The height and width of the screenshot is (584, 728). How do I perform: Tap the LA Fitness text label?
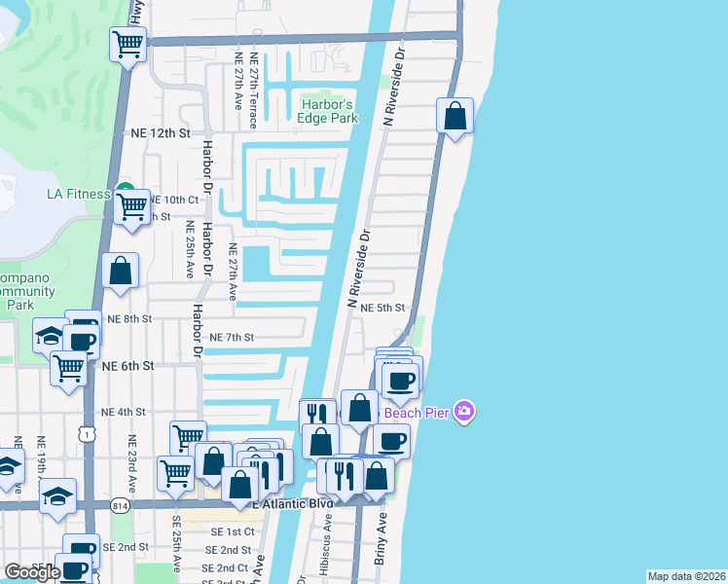coord(79,194)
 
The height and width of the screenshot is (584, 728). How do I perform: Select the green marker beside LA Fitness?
coord(124,190)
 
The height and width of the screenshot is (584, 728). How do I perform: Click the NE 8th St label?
coord(130,318)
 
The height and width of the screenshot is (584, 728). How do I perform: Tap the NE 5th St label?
coord(382,307)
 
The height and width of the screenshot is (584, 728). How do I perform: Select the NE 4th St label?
coord(124,412)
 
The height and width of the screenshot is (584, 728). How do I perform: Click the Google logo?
coord(32,572)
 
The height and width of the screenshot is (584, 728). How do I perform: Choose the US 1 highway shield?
coord(89,436)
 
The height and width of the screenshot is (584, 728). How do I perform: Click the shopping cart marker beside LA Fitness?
coord(131,205)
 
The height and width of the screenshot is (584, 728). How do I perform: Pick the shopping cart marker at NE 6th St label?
coord(68,368)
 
